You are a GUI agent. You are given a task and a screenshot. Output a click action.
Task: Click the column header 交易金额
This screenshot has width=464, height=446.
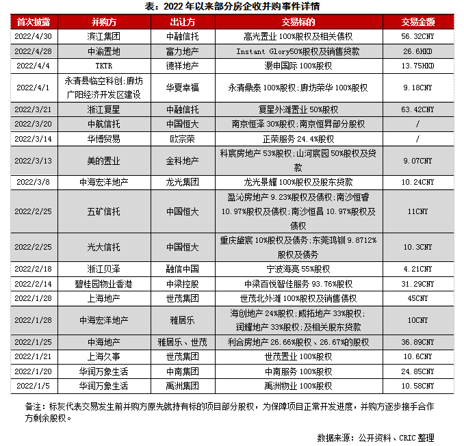[x=417, y=22]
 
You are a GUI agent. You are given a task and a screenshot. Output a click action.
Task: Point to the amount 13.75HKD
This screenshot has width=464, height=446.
[x=417, y=66]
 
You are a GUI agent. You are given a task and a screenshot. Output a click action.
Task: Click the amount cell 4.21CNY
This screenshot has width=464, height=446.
[x=417, y=269]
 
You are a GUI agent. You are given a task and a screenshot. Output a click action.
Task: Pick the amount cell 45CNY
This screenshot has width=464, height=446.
[x=417, y=298]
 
